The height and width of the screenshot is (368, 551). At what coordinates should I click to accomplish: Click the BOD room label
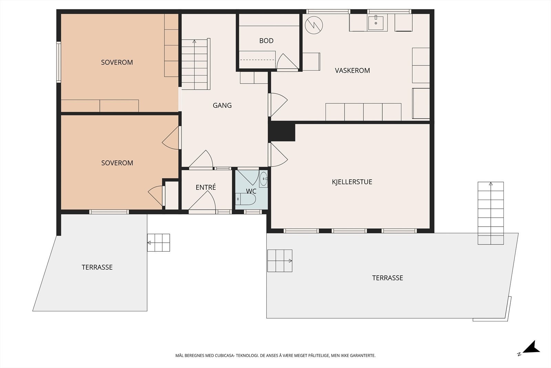(266, 41)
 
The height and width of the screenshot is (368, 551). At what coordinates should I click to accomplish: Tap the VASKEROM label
(352, 70)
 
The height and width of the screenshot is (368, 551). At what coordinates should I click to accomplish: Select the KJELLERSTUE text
(352, 182)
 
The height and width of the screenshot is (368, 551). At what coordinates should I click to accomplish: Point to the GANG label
(222, 106)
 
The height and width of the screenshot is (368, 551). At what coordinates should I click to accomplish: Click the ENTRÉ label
(206, 187)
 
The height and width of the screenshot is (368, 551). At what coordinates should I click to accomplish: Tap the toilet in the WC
(246, 199)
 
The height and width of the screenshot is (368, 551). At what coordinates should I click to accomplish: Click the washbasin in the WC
(263, 179)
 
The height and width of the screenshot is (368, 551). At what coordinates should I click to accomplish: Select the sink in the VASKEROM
(376, 22)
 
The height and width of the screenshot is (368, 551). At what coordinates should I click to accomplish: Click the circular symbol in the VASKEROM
(314, 25)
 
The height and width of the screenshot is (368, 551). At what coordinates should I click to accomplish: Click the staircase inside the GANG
(196, 64)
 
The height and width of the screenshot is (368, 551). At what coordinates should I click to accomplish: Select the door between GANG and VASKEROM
(278, 105)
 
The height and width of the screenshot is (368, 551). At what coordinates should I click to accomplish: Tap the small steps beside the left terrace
(158, 242)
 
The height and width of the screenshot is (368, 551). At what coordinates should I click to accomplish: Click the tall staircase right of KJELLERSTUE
(491, 213)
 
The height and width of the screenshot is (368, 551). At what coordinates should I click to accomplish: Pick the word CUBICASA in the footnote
(225, 356)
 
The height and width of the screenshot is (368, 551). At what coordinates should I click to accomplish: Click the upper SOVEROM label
(117, 62)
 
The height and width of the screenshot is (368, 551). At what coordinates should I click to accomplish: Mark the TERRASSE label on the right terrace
(387, 278)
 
